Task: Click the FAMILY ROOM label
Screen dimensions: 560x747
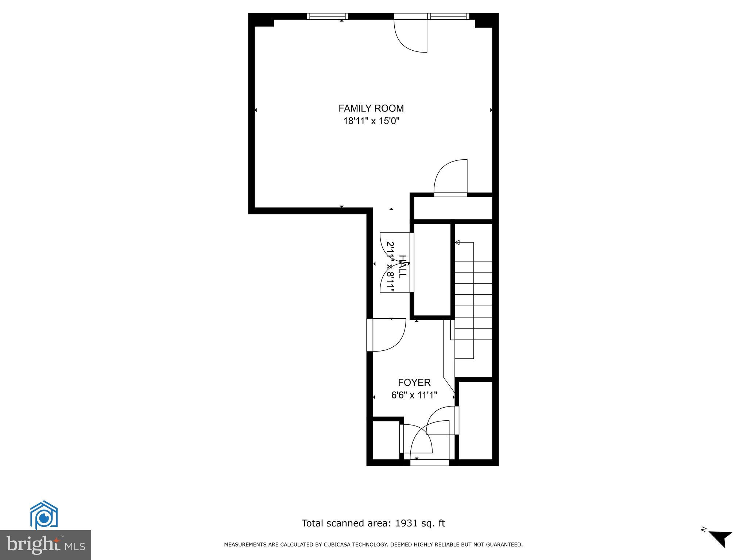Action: [371, 108]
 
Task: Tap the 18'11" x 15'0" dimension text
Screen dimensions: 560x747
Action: [371, 121]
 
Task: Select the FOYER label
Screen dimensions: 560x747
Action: [414, 382]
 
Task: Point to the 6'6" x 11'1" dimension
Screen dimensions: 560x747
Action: [414, 395]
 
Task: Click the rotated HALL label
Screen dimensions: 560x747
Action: [402, 267]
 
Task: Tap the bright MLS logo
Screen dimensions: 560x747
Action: [46, 545]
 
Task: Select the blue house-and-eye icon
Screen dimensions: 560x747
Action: [44, 515]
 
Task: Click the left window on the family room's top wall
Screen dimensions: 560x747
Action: [327, 16]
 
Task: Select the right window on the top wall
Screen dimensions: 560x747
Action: [448, 16]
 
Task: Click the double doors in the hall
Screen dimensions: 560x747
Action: [396, 262]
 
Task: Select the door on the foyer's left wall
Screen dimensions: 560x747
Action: [387, 335]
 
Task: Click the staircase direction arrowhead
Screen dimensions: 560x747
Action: [457, 242]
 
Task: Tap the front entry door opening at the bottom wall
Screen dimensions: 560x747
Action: [429, 462]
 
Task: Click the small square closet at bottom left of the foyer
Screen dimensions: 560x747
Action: [386, 440]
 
